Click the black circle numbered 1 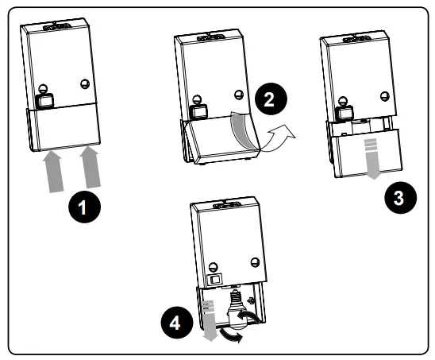(85, 207)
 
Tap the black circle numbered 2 (271, 99)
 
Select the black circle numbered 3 (400, 198)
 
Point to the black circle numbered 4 (177, 323)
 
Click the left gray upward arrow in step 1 (53, 172)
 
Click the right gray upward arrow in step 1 (90, 167)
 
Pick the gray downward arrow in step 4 (210, 321)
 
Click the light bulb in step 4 (237, 311)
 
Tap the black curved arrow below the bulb (231, 335)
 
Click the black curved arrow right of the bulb (250, 316)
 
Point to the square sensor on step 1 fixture (44, 101)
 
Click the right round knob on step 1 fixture (85, 84)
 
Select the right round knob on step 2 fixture (239, 95)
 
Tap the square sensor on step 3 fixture (345, 113)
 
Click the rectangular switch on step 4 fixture (215, 279)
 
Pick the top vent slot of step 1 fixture (56, 27)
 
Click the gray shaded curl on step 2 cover (241, 130)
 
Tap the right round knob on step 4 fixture (255, 262)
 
